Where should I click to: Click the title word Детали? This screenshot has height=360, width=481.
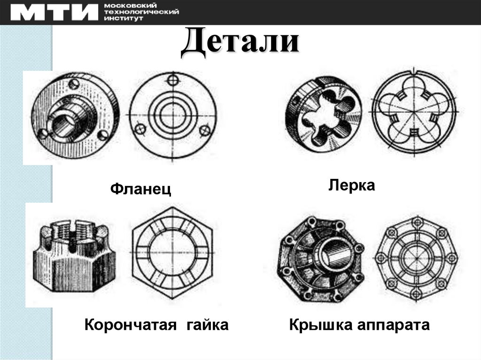(x=240, y=42)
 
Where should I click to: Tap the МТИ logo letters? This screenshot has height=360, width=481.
(x=54, y=13)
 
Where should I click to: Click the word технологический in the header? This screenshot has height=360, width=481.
(x=141, y=12)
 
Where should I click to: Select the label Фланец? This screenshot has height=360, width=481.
(x=140, y=189)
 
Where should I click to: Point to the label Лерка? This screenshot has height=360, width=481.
(x=351, y=185)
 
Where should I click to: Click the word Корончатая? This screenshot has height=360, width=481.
(x=131, y=325)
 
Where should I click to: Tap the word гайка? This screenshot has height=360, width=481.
(x=208, y=325)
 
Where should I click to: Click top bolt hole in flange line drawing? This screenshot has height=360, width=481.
(x=173, y=80)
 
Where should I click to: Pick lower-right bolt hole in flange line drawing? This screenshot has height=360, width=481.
(x=205, y=130)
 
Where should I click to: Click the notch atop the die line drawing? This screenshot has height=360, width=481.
(x=414, y=73)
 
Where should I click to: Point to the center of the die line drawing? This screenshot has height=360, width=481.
(x=414, y=112)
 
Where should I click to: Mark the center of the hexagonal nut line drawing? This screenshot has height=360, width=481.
(x=172, y=253)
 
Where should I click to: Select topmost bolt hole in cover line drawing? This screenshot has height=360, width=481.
(x=416, y=222)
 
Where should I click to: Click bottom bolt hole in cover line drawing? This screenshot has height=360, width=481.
(x=416, y=294)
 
